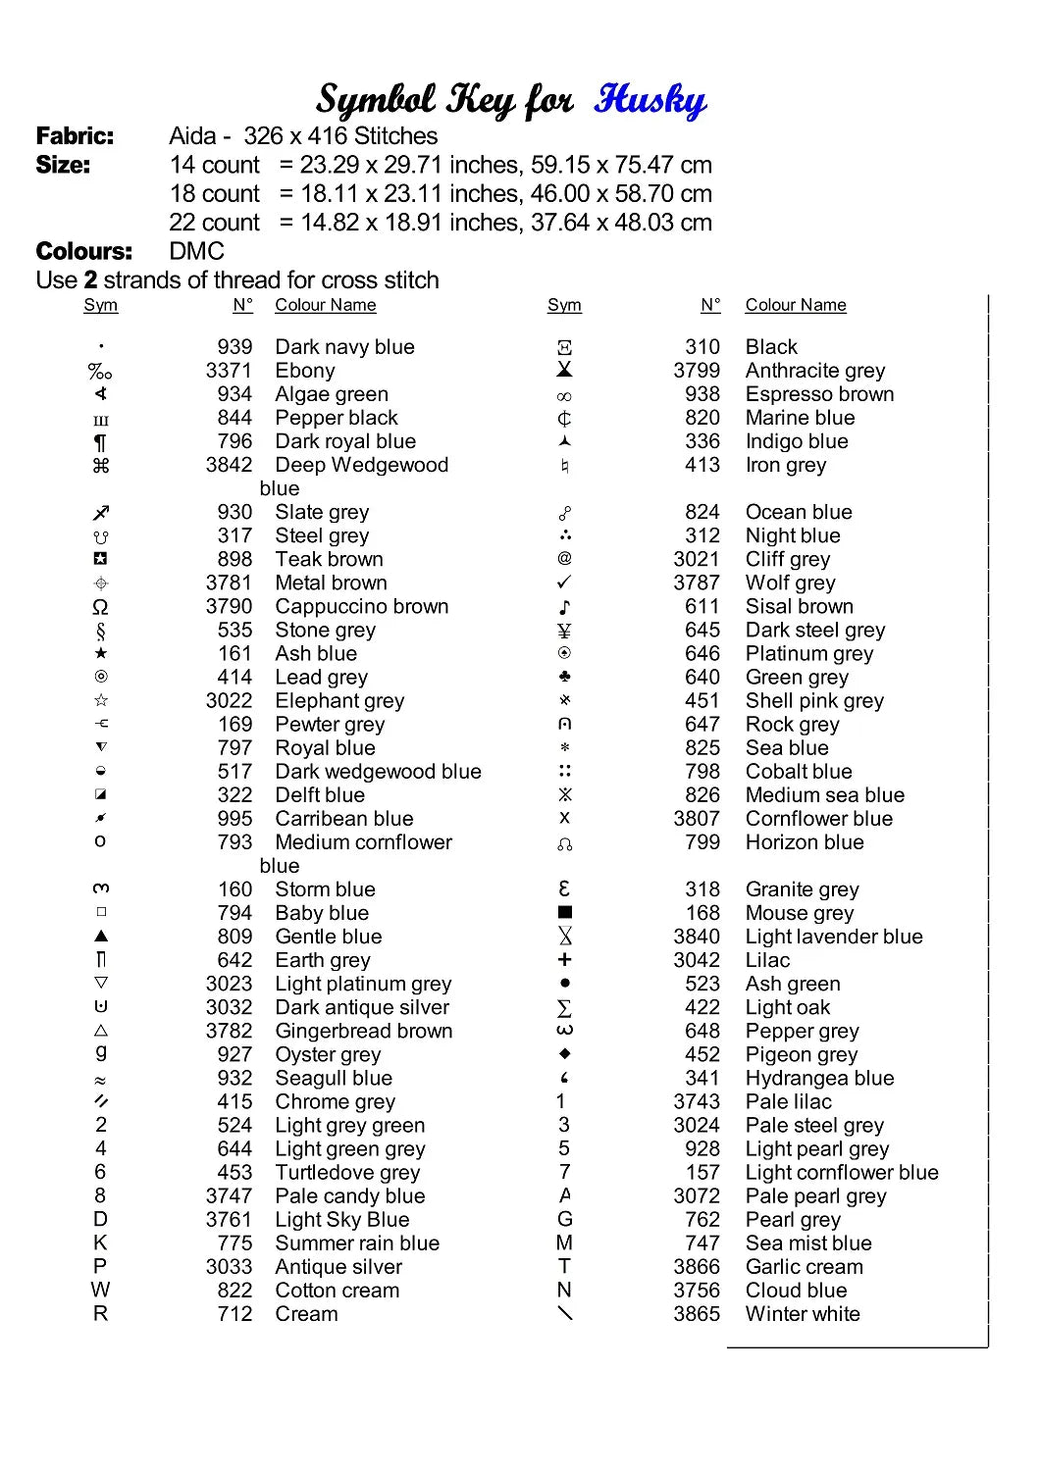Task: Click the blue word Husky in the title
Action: coord(650,100)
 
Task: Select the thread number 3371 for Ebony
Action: coord(229,371)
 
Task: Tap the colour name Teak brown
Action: coord(329,559)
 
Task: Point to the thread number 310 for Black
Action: coord(702,347)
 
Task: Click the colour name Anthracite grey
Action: coord(814,371)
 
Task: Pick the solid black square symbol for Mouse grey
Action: coord(564,913)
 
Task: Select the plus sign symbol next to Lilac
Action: coord(564,960)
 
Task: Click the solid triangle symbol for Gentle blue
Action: coord(101,937)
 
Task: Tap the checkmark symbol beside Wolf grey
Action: coord(564,583)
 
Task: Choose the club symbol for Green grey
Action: coord(564,677)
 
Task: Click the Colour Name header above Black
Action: coord(795,305)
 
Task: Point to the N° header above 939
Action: coord(242,305)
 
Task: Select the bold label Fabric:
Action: coord(75,136)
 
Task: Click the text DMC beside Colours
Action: coord(196,251)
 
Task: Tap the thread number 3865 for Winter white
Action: coord(697,1314)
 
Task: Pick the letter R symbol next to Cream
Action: coord(100,1314)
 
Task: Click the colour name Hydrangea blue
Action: coord(819,1079)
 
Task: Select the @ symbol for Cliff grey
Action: coord(564,559)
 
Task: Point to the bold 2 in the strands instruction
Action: coord(90,280)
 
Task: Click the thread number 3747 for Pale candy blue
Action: coord(229,1196)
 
